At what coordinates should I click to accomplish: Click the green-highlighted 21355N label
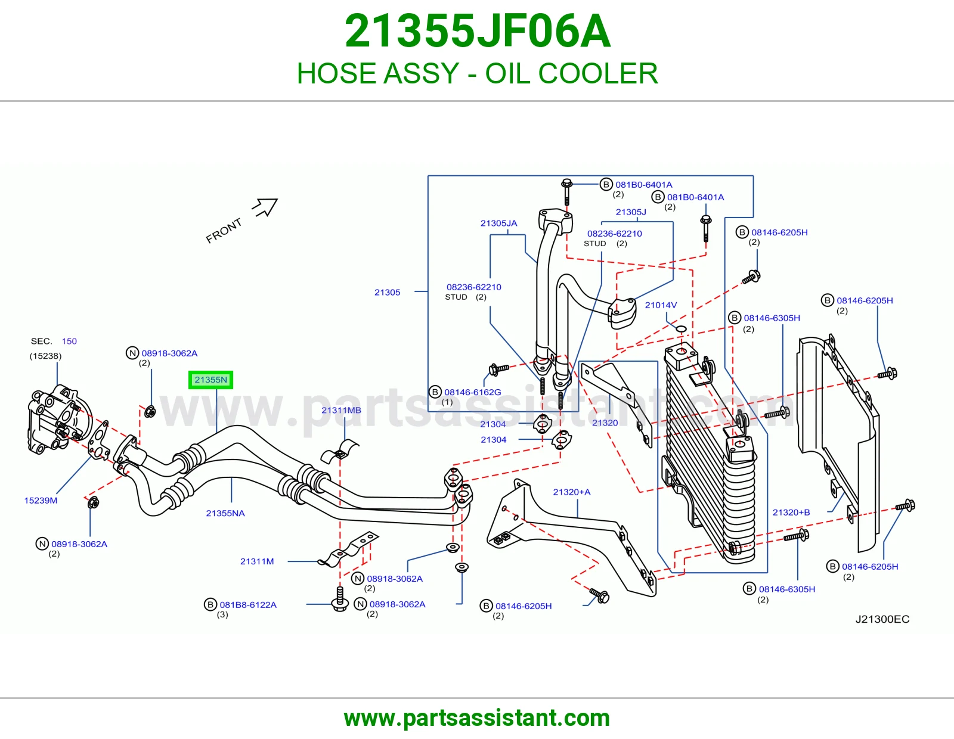click(x=210, y=380)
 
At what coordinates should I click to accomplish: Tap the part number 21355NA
click(x=225, y=513)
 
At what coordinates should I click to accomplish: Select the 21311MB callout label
click(x=341, y=410)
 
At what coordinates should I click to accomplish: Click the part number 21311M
click(x=257, y=561)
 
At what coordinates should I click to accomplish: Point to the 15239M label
click(x=41, y=500)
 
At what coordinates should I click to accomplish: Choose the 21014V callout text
click(x=661, y=305)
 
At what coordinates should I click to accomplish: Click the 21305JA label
click(x=498, y=223)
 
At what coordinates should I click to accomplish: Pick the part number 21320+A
click(x=572, y=492)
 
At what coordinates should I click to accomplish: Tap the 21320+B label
click(x=791, y=512)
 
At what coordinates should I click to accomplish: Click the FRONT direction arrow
click(x=265, y=207)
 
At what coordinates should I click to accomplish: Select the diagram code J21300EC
click(x=882, y=619)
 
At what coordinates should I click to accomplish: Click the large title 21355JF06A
click(x=478, y=31)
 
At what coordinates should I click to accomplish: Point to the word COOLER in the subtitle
click(x=598, y=73)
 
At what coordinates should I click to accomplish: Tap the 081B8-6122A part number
click(x=248, y=605)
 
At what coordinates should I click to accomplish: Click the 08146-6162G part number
click(x=472, y=392)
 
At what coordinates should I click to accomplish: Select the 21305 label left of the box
click(x=387, y=292)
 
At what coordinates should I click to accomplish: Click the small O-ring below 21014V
click(x=681, y=329)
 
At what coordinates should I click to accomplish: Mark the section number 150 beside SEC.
click(x=69, y=341)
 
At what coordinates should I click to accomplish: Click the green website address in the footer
click(x=477, y=718)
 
